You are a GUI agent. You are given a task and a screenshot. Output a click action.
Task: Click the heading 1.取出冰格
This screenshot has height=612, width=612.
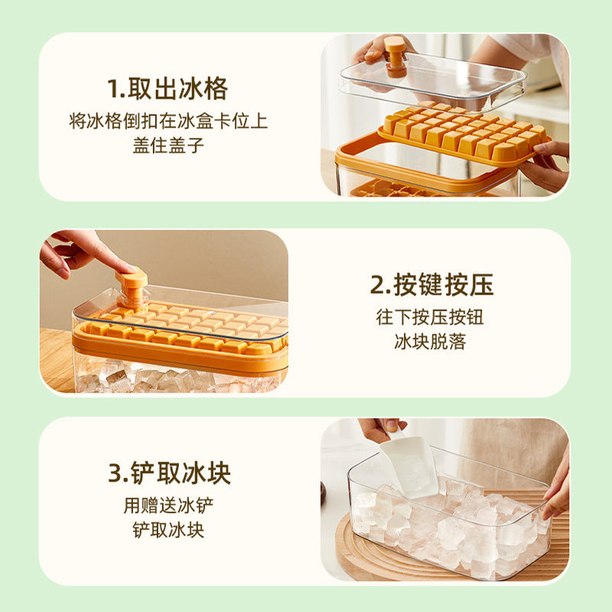[x=168, y=89]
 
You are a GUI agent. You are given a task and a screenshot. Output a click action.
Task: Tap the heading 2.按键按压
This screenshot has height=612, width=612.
[x=431, y=285]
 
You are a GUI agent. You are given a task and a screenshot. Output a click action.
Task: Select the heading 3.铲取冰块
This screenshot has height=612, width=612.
[x=169, y=473]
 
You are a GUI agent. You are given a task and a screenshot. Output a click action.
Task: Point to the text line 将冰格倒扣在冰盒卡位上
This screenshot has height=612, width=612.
[x=168, y=121]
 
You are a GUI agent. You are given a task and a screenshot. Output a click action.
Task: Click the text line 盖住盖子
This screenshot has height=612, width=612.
[x=168, y=145]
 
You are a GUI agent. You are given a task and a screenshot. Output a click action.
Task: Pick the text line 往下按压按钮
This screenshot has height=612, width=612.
[x=430, y=317]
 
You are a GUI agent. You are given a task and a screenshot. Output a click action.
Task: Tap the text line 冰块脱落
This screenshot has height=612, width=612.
[x=430, y=341]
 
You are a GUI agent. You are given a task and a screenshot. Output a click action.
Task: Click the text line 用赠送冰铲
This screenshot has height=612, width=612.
[x=168, y=506]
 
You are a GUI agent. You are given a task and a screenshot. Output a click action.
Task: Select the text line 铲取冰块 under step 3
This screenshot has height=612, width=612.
[x=168, y=530]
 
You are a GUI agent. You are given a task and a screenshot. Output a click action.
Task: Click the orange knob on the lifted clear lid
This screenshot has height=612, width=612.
[x=395, y=57]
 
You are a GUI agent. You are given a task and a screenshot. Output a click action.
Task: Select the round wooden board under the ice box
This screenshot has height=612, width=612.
[x=441, y=546]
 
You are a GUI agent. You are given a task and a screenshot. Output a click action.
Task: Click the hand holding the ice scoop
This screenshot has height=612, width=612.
[x=380, y=429]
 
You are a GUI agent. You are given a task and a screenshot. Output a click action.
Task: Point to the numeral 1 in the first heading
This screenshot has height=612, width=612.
[x=113, y=89]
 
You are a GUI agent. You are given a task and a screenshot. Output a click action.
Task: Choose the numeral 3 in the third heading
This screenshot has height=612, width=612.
[x=116, y=474]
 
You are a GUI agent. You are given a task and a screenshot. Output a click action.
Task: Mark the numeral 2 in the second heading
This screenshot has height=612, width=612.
[x=377, y=285]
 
